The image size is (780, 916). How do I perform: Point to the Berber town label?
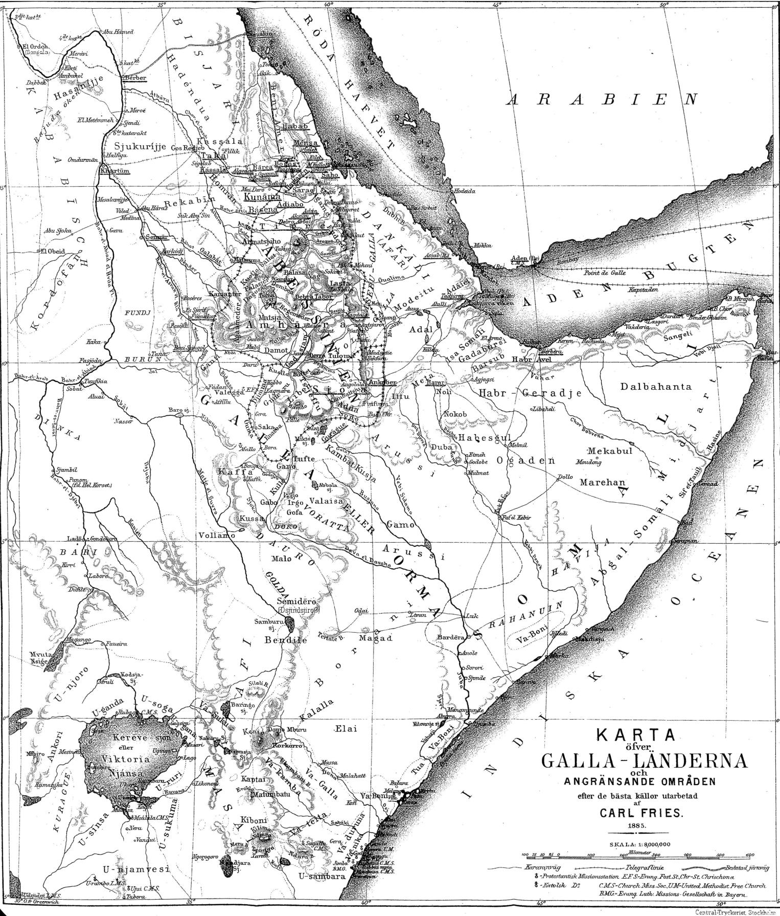[x=135, y=78]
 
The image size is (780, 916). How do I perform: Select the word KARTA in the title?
[x=636, y=735]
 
